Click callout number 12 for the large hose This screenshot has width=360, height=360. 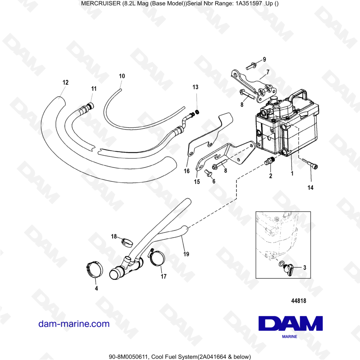coord(65,82)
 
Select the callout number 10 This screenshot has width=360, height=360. coord(122,76)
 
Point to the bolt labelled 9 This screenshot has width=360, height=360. coord(251,66)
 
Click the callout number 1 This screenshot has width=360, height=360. coord(292,173)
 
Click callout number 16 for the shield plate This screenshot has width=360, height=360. coord(187,171)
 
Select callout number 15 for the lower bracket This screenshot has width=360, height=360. coord(197,182)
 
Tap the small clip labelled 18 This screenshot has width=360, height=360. coord(126,242)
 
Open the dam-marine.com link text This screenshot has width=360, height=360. coord(74,324)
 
